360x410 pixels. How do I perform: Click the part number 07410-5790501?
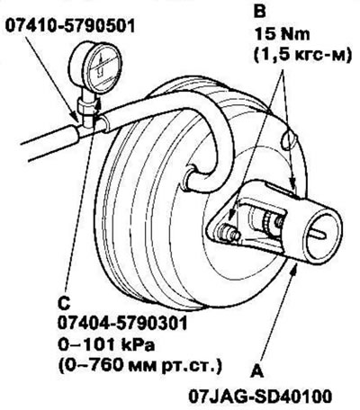click(70, 26)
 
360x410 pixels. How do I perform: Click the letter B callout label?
click(260, 12)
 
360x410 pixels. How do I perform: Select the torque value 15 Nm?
click(282, 34)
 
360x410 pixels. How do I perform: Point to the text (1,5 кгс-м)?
click(302, 55)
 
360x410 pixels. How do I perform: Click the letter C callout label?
click(64, 303)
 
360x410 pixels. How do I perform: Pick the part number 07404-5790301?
click(122, 324)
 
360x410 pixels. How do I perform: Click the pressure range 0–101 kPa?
click(106, 345)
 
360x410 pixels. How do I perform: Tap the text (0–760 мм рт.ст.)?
click(140, 366)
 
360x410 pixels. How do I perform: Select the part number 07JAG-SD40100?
click(260, 397)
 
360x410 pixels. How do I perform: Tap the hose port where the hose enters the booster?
click(190, 177)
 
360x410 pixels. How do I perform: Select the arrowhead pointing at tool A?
click(295, 269)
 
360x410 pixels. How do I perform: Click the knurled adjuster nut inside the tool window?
click(266, 223)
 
